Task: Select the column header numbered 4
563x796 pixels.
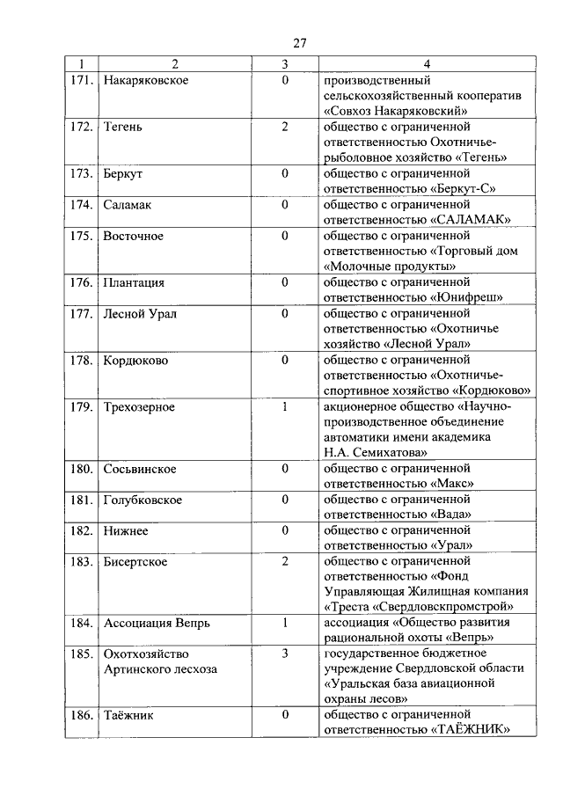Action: tap(427, 64)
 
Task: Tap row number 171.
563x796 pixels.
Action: tap(82, 81)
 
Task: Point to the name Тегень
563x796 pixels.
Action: tap(123, 127)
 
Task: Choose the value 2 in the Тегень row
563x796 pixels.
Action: tap(285, 127)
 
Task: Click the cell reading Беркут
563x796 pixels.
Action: tap(123, 173)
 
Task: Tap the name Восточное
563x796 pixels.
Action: tap(133, 236)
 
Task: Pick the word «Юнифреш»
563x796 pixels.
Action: tap(467, 297)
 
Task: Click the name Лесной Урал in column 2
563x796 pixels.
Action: tap(139, 314)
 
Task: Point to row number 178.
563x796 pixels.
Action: tap(82, 361)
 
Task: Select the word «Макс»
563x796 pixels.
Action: tap(454, 483)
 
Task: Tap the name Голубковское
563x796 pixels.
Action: tap(143, 500)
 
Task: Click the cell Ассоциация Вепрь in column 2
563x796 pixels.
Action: tap(157, 623)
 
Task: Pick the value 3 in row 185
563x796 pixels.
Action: tap(285, 654)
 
